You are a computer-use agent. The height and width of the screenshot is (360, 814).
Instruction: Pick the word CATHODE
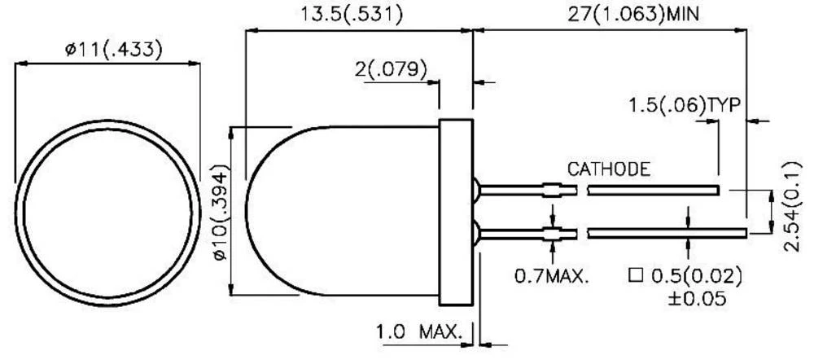[x=608, y=169]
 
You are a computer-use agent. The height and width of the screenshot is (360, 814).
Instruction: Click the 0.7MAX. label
[x=552, y=277]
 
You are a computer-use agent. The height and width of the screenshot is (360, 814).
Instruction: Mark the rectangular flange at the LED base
[x=457, y=210]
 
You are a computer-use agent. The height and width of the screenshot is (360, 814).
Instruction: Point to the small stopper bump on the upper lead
[x=554, y=191]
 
